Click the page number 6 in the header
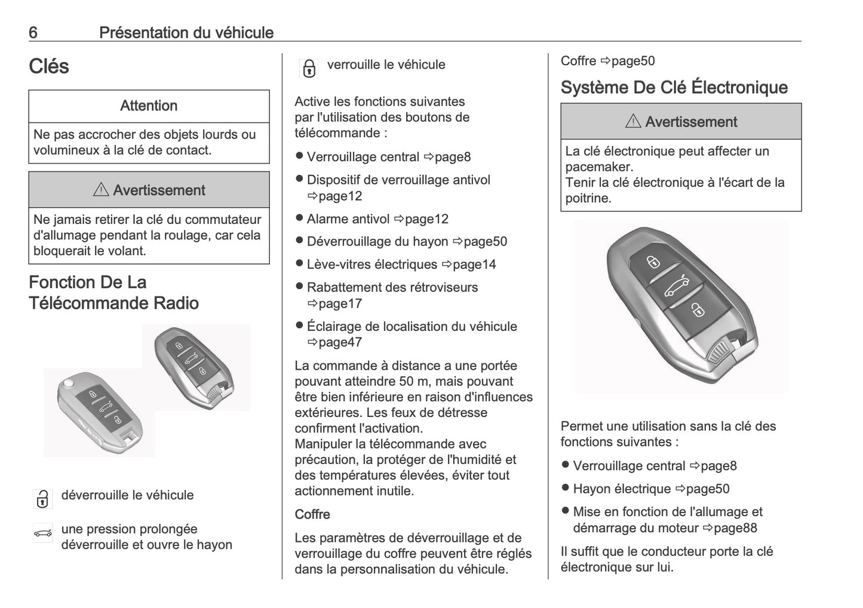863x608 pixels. pyautogui.click(x=33, y=32)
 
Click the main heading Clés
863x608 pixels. pyautogui.click(x=49, y=66)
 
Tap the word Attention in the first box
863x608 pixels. pyautogui.click(x=149, y=106)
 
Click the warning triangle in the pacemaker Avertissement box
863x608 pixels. pyautogui.click(x=632, y=122)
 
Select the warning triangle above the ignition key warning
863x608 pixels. pyautogui.click(x=100, y=191)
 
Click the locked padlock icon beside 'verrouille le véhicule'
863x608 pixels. pyautogui.click(x=309, y=69)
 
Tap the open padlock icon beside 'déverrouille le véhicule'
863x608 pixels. pyautogui.click(x=42, y=499)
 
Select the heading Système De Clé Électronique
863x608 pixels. pyautogui.click(x=674, y=87)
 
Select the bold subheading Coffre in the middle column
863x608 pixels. pyautogui.click(x=312, y=514)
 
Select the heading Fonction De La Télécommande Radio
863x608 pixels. pyautogui.click(x=113, y=293)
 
